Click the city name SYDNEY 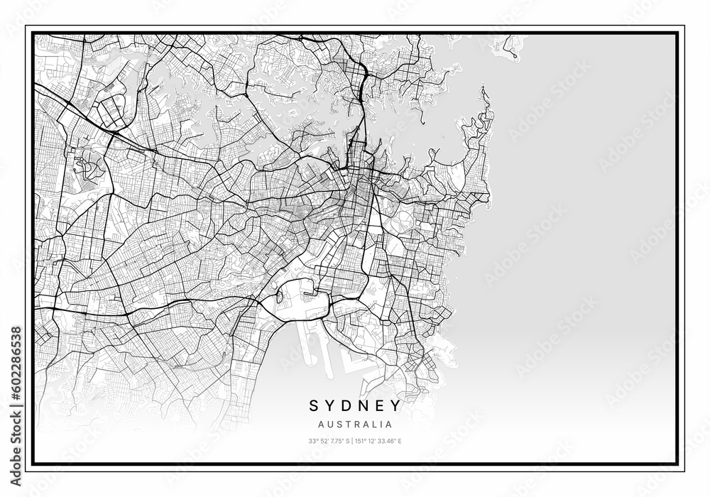pos(354,406)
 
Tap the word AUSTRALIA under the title pos(354,425)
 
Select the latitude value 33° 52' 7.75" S pos(329,441)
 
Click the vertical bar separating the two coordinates pos(352,441)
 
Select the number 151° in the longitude pos(360,441)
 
